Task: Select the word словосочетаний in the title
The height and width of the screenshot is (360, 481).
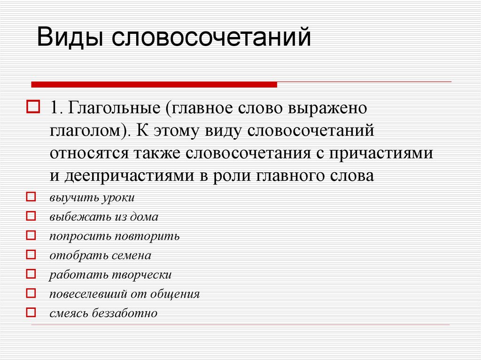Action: tap(211, 38)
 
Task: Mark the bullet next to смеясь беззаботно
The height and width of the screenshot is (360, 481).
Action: tap(31, 313)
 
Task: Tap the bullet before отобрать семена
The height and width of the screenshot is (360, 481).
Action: tap(31, 255)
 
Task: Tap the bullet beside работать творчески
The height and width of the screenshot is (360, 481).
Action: tap(31, 274)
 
